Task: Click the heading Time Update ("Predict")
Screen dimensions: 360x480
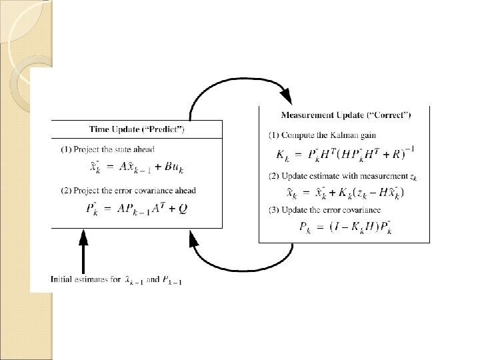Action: (x=137, y=129)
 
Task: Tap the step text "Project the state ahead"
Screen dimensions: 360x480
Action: (x=117, y=149)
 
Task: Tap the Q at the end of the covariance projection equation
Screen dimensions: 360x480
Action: (x=183, y=209)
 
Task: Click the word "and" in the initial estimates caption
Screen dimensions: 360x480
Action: (x=152, y=279)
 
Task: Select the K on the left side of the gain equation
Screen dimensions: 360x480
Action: (x=281, y=156)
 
